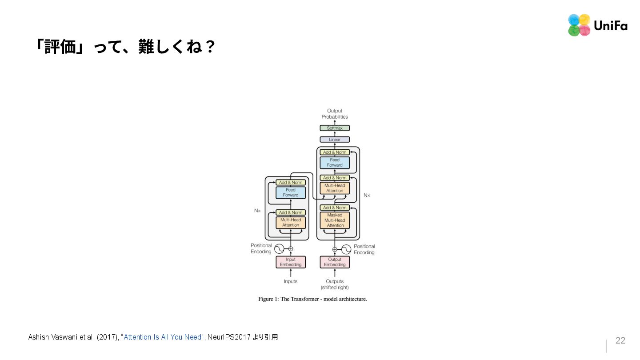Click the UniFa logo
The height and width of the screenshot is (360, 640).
click(597, 25)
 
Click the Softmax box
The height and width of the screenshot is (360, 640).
click(335, 128)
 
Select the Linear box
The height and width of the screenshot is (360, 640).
click(335, 140)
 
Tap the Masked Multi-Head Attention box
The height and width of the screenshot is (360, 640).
click(335, 220)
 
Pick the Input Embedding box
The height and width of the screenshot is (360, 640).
click(291, 262)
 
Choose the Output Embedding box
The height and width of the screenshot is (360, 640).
click(335, 262)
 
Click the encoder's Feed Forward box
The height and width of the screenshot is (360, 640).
click(291, 192)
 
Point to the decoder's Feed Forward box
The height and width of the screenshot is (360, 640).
click(335, 163)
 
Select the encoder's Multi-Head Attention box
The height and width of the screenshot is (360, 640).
click(291, 222)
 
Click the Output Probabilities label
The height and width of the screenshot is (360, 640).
click(335, 114)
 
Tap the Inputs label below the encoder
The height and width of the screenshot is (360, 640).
click(291, 281)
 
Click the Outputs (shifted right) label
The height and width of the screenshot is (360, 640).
click(335, 284)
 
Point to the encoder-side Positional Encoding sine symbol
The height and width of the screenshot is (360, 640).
click(279, 249)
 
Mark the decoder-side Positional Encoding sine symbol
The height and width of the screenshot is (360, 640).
click(346, 249)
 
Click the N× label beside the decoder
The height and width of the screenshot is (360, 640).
click(367, 195)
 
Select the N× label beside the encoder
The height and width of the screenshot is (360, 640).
click(257, 211)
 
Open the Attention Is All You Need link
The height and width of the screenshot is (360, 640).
click(163, 337)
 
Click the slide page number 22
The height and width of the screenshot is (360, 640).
click(620, 340)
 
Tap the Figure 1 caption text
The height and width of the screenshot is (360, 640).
click(312, 299)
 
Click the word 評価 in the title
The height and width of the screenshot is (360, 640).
click(60, 47)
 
